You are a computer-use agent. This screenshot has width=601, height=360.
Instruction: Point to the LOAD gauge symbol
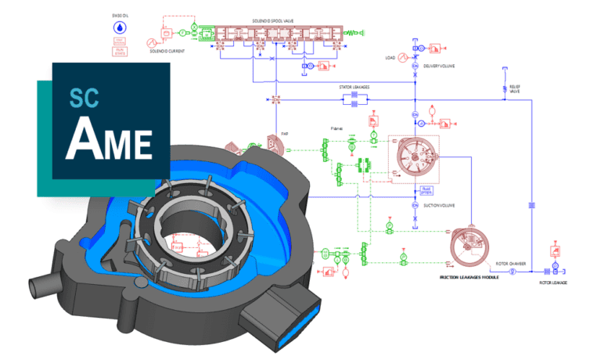pyautogui.click(x=403, y=58)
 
